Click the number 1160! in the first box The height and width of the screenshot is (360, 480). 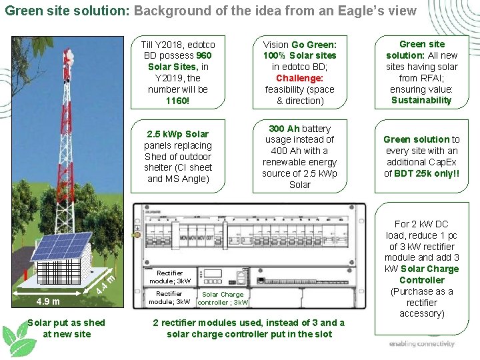[178, 101]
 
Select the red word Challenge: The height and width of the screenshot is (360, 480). [299, 78]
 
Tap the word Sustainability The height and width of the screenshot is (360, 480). [421, 101]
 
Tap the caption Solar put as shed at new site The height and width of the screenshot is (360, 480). [66, 328]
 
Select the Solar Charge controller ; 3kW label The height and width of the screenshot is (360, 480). [223, 298]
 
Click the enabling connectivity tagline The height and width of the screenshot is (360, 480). [422, 344]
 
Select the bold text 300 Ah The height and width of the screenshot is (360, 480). [284, 128]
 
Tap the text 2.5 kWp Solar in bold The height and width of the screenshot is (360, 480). [178, 134]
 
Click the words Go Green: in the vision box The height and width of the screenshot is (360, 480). [314, 44]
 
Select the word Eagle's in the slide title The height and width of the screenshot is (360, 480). [364, 11]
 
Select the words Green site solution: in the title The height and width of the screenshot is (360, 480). [67, 11]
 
